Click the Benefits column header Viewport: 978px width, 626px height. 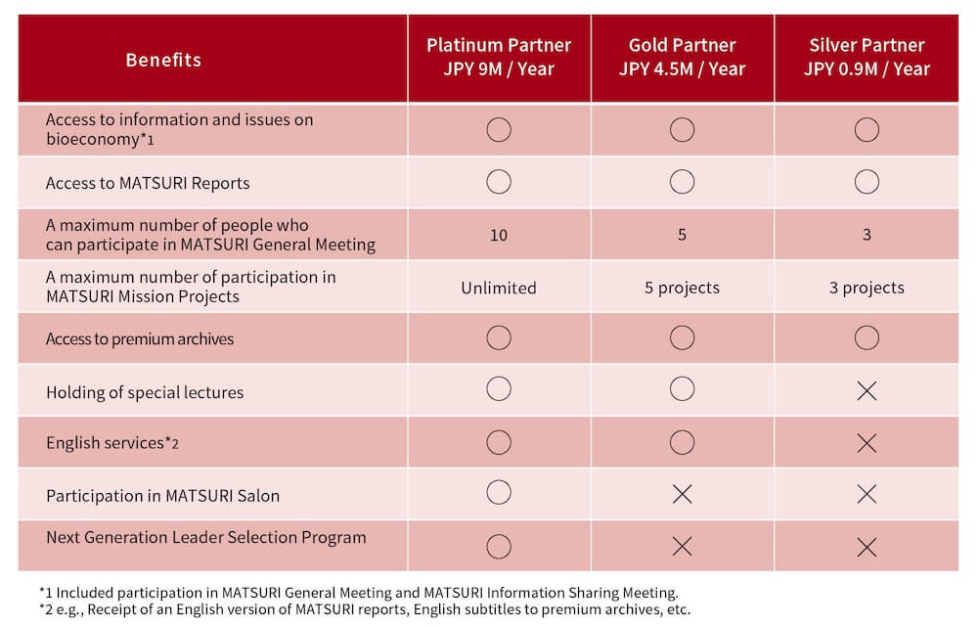[163, 60]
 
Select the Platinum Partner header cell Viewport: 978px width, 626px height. [499, 58]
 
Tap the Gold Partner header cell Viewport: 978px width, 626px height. [682, 58]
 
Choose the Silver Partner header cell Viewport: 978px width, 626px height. [867, 58]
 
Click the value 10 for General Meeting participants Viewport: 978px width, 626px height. [499, 235]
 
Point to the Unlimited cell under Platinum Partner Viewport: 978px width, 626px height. [499, 288]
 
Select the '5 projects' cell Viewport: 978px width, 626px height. [682, 288]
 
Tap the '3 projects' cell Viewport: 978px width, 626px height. [867, 288]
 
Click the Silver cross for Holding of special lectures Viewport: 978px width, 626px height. [867, 391]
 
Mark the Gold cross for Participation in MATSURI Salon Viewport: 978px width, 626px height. [682, 494]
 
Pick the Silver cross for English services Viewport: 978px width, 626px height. [867, 443]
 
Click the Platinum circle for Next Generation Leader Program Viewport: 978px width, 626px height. [499, 546]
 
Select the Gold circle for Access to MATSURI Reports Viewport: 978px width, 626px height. [682, 182]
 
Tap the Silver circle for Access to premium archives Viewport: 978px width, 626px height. [867, 338]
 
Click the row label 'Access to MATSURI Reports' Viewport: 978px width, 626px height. [148, 183]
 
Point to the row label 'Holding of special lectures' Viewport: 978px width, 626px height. [145, 392]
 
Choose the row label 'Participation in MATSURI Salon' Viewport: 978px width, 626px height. [162, 496]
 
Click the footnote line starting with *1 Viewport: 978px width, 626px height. [358, 592]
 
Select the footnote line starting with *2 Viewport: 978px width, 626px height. [364, 609]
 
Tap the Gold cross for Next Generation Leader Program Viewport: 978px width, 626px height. [682, 546]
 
